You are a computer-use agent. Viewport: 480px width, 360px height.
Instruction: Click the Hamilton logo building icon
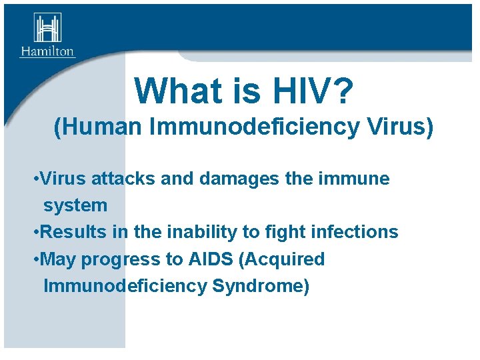pyautogui.click(x=47, y=28)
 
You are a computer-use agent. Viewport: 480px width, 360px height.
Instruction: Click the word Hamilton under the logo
pyautogui.click(x=47, y=51)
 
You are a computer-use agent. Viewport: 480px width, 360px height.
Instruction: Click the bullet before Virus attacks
pyautogui.click(x=35, y=179)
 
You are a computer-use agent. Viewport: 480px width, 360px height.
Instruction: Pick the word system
pyautogui.click(x=75, y=205)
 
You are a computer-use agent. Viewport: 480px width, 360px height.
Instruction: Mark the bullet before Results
pyautogui.click(x=35, y=233)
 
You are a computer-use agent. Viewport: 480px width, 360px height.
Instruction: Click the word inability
pyautogui.click(x=199, y=232)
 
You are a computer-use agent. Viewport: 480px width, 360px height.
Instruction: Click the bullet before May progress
pyautogui.click(x=35, y=259)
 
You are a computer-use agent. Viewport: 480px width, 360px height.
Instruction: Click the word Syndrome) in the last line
pyautogui.click(x=261, y=285)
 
